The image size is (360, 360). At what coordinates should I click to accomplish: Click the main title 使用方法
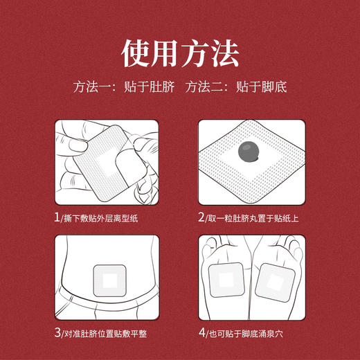coord(180,53)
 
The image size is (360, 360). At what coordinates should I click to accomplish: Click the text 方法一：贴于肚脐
coord(116,89)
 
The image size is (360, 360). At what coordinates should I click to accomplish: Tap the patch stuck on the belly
coord(111,279)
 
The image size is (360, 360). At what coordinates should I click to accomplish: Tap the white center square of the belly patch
coord(111,280)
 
